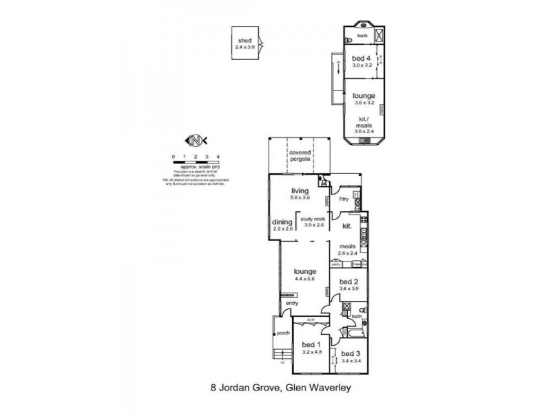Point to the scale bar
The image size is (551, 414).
point(196,161)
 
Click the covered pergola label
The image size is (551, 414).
point(301,155)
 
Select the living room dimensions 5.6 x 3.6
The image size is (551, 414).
point(301,197)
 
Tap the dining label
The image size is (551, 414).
point(283,222)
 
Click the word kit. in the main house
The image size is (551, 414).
point(346,226)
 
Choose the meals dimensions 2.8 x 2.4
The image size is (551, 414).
point(346,253)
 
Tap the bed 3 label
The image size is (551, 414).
point(351,353)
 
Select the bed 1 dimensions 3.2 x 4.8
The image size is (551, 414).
point(312,352)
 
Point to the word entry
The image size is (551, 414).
point(293,303)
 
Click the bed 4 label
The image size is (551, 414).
point(362,58)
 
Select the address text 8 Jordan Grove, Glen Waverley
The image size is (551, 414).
point(282,388)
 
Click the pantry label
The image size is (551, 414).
point(337,264)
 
